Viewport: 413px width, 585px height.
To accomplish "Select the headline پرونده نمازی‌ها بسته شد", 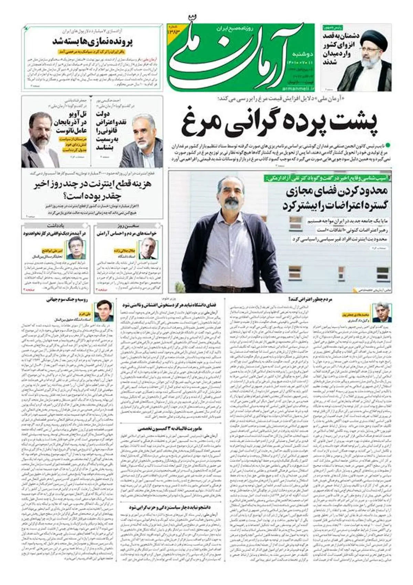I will click(93, 42).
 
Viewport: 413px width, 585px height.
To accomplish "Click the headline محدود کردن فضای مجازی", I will click(336, 198).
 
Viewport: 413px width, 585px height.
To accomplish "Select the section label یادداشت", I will click(56, 226).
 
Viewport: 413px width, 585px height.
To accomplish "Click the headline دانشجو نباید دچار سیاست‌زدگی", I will click(169, 507).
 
